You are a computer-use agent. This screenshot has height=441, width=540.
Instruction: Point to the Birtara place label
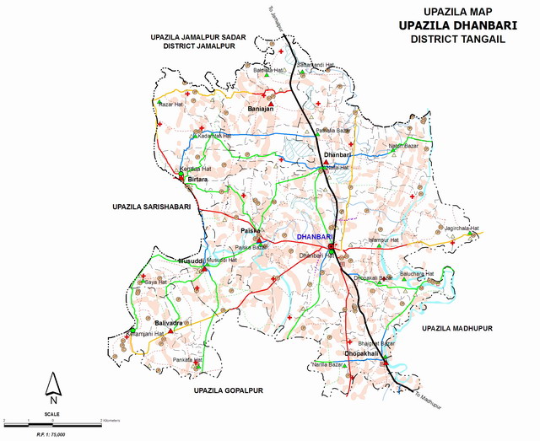(x=197, y=180)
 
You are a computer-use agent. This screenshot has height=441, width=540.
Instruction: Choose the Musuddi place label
(x=190, y=262)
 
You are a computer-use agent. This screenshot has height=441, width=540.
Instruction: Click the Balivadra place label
(x=168, y=323)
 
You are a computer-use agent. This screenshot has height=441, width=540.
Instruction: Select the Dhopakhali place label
(x=361, y=353)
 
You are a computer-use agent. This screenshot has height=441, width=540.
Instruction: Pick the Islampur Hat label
(x=388, y=240)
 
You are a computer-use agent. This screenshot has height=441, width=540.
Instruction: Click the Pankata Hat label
(x=188, y=360)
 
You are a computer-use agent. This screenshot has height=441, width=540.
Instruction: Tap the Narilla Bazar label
(x=330, y=364)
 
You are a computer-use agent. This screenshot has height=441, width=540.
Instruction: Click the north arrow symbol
(x=53, y=385)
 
